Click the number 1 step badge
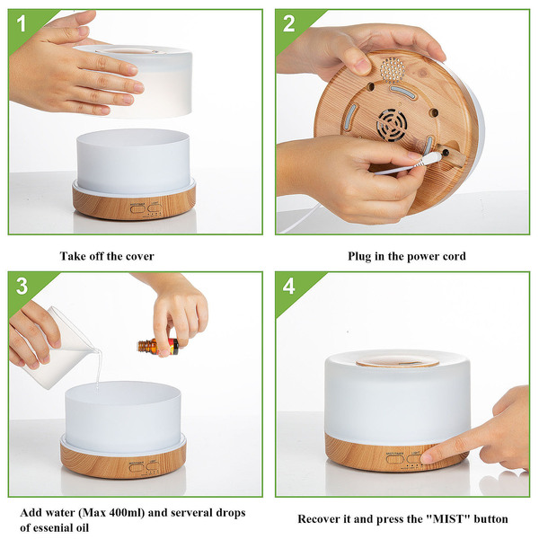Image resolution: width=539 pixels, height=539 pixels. point(22,23)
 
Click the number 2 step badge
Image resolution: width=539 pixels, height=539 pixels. point(288,23)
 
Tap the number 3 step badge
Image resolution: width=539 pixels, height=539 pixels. point(22,286)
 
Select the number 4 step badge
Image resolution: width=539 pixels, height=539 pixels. point(288,286)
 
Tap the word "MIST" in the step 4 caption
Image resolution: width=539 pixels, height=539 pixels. point(447,518)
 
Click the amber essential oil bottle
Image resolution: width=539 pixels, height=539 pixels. point(158,347)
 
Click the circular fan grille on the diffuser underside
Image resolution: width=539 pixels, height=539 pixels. point(392,125)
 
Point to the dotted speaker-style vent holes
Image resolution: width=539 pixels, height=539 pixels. point(393,70)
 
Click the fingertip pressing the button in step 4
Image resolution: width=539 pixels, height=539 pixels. point(427,458)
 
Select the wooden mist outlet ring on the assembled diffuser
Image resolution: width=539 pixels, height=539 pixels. point(398,362)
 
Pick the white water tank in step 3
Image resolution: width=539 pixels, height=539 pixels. point(123,418)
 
